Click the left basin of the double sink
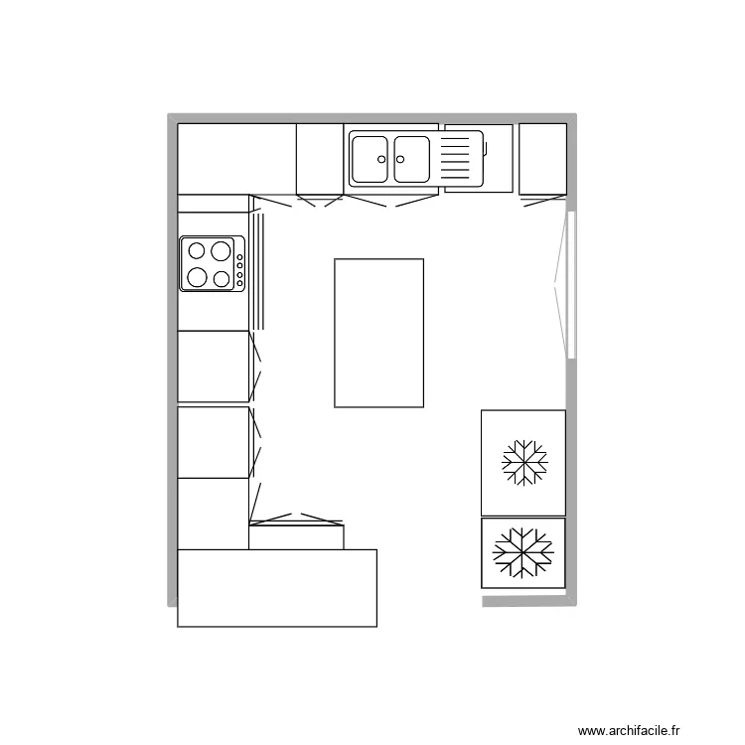(371, 160)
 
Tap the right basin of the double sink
(411, 160)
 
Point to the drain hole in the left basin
(382, 158)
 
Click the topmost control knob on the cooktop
(240, 256)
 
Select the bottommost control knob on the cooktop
(240, 283)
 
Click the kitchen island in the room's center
(378, 333)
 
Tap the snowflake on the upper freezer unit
(523, 462)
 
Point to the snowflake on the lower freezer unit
(523, 552)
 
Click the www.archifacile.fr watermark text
(630, 731)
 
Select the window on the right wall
(571, 284)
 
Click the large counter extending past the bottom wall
(277, 587)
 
